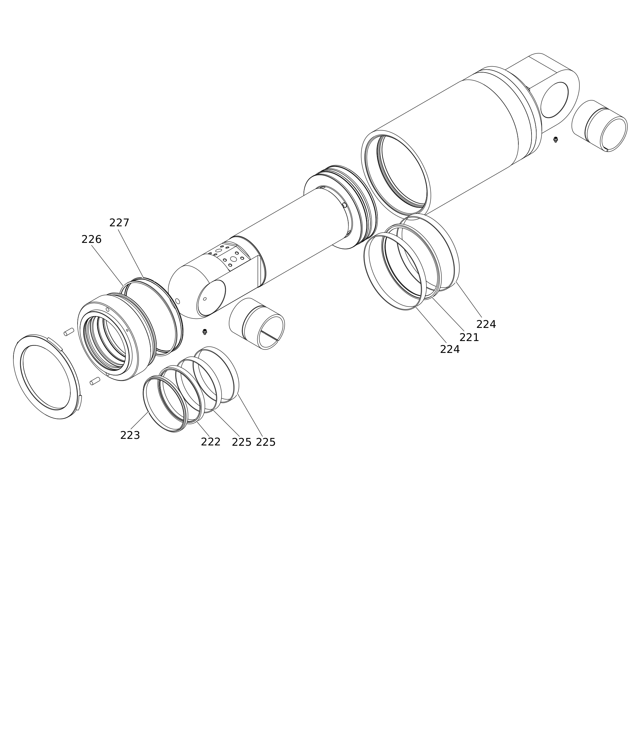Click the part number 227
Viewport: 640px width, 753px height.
point(119,223)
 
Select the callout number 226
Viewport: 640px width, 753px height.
point(91,239)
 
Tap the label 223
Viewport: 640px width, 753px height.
point(130,435)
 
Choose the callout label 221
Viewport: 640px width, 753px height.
point(469,337)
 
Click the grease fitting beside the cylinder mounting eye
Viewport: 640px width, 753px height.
point(556,139)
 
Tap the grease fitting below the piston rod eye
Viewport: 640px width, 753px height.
point(204,332)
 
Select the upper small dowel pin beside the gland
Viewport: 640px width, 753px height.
point(69,332)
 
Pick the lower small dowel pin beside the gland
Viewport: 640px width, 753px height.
point(95,381)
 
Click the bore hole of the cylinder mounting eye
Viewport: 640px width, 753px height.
point(554,100)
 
